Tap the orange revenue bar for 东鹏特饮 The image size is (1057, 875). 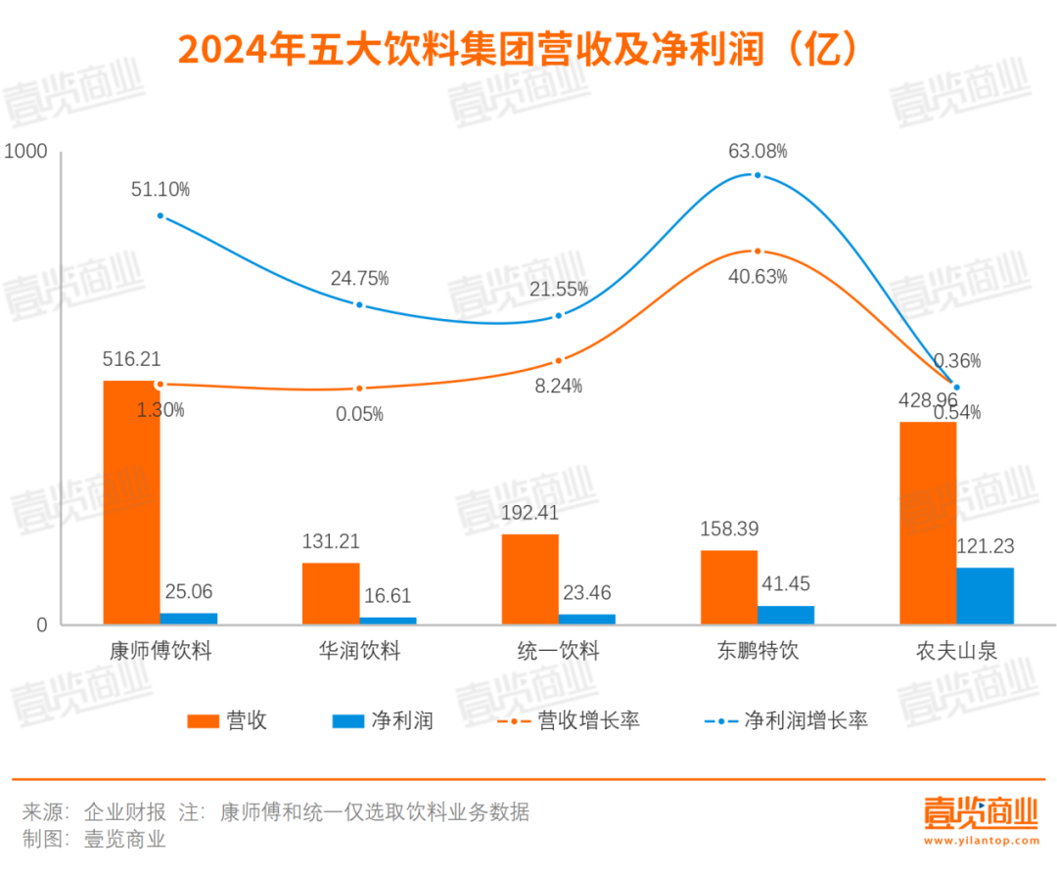[x=728, y=587]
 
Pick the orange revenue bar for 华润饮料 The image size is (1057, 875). [x=331, y=593]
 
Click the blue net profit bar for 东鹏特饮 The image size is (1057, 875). [x=786, y=615]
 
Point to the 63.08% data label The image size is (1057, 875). [x=758, y=152]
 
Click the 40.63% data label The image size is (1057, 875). [x=758, y=277]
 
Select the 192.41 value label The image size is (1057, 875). [x=530, y=512]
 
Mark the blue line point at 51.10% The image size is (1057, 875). [x=161, y=215]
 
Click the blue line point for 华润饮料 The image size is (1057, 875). [x=359, y=304]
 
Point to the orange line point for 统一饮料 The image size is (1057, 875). [x=559, y=361]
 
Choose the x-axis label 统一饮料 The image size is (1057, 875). [x=558, y=651]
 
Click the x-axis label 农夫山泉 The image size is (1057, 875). [x=956, y=651]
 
